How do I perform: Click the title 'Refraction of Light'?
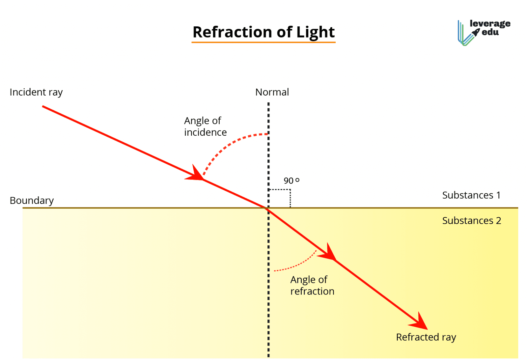tap(263, 32)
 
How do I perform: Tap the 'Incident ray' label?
tap(36, 92)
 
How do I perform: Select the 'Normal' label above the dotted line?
tap(272, 92)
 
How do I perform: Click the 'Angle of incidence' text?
tap(205, 126)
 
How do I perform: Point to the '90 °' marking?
tap(291, 180)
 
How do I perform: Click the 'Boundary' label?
tap(32, 200)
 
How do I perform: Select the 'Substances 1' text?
tap(471, 195)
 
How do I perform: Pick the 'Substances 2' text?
tap(471, 220)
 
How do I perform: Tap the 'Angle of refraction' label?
tap(312, 285)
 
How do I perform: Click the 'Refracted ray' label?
tap(426, 337)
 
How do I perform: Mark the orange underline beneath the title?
tap(263, 42)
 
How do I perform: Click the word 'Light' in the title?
tap(315, 32)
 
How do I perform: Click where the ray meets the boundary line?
tap(267, 208)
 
